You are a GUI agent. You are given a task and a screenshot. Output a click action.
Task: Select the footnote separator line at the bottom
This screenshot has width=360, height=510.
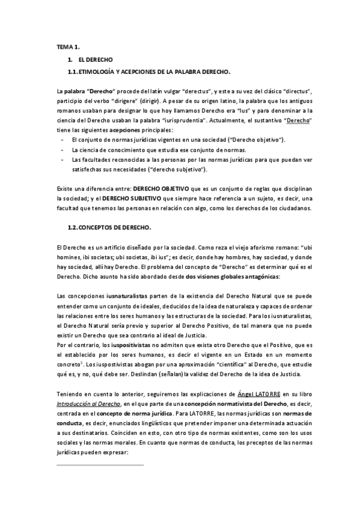(99, 465)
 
